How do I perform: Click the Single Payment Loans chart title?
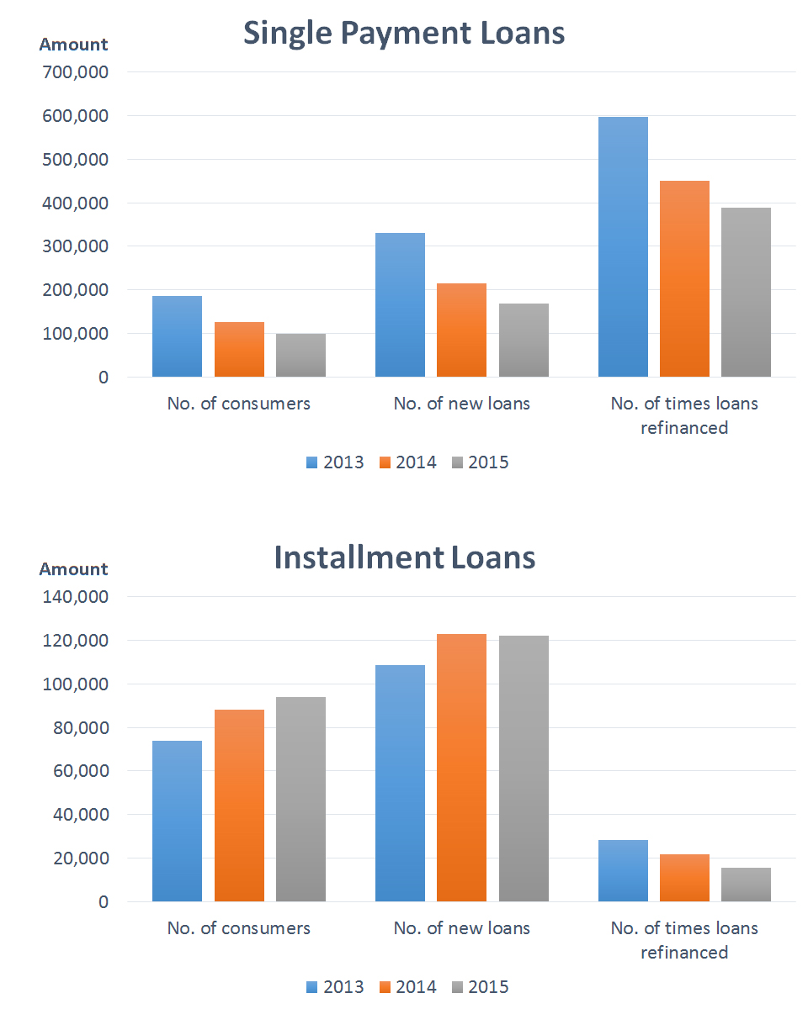(x=404, y=34)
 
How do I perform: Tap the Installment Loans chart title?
(x=404, y=558)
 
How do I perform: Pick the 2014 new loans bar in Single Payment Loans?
(x=461, y=330)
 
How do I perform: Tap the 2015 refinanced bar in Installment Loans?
(x=746, y=885)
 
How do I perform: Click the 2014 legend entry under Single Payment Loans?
(x=407, y=462)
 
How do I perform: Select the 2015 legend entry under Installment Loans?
(x=480, y=987)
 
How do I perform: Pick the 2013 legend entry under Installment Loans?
(x=335, y=987)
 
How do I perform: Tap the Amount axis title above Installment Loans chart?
(x=73, y=569)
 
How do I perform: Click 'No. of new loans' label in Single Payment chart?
(x=461, y=404)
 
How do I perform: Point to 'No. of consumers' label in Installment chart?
(x=238, y=928)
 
